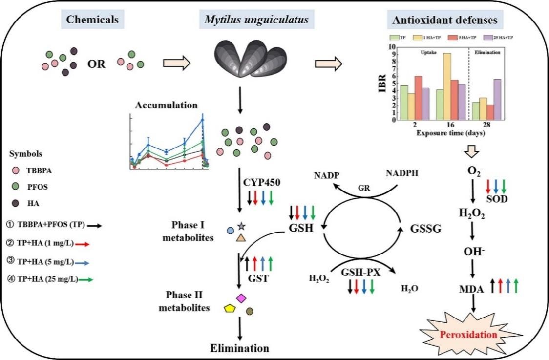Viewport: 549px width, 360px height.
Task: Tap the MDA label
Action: (x=472, y=289)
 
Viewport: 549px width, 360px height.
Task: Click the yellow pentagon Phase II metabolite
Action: (x=230, y=308)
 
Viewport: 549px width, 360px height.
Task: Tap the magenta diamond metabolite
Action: (x=240, y=297)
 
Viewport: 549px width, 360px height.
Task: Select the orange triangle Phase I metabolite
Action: (x=241, y=238)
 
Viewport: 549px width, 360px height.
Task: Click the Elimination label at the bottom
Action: (x=239, y=348)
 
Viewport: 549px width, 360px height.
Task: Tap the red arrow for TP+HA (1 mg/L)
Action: (x=83, y=243)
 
